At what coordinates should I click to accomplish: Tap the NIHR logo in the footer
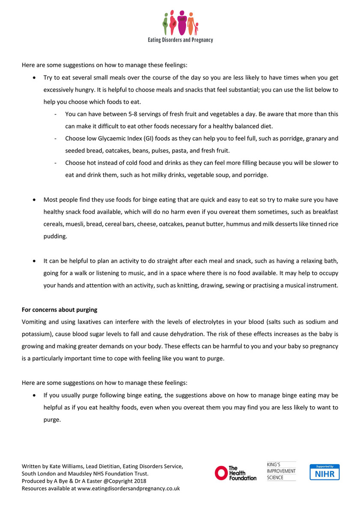pos(324,472)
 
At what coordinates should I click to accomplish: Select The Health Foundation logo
pos(235,473)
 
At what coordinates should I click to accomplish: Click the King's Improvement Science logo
pos(281,471)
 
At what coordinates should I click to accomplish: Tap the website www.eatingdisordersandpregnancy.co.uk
pos(128,488)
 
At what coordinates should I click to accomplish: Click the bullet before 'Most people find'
pos(35,200)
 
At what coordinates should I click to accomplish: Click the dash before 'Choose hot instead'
pos(56,163)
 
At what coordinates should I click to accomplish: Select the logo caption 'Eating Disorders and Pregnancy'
pos(180,40)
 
